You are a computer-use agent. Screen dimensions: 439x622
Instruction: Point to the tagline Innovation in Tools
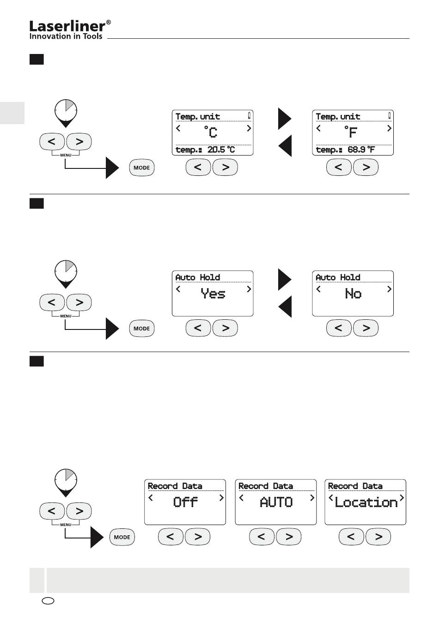coord(66,36)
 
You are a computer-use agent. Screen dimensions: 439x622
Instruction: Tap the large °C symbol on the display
coord(210,132)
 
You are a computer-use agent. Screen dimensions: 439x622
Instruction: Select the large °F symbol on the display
coord(351,132)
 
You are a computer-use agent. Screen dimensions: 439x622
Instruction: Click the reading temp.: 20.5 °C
coord(205,150)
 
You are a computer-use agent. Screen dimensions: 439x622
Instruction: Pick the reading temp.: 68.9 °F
coord(345,150)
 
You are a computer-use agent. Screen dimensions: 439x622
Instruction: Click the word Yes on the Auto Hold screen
coord(213,293)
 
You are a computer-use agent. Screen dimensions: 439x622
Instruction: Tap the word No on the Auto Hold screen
coord(353,293)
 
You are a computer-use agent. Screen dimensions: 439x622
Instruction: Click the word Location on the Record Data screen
coord(366,502)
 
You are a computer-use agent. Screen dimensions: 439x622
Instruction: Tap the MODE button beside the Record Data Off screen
coord(122,537)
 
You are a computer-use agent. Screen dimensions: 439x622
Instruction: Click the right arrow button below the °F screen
coord(366,167)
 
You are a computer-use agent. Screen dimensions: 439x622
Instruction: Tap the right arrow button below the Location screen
coord(378,537)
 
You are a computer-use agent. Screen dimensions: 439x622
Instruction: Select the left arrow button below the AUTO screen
coord(262,537)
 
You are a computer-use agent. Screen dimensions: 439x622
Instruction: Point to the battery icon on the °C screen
coord(250,115)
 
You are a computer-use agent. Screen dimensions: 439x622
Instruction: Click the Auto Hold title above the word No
coord(338,277)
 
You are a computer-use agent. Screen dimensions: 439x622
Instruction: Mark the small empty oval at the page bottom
coord(48,601)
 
